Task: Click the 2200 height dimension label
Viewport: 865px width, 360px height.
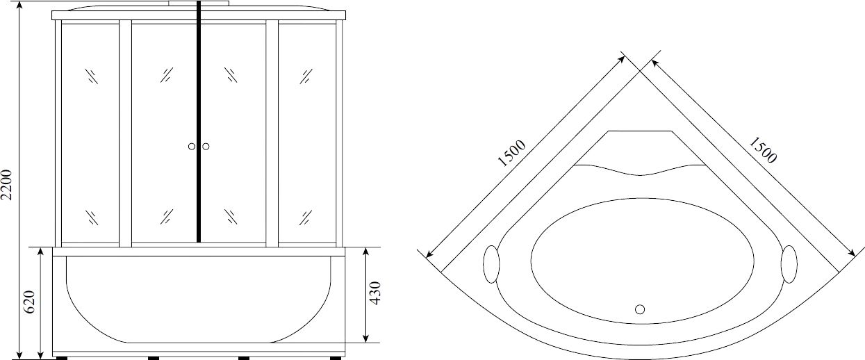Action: (x=8, y=185)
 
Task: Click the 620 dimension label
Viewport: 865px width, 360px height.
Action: (x=29, y=302)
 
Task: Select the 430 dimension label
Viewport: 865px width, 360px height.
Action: (x=374, y=293)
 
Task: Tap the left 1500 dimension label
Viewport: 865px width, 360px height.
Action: (x=512, y=153)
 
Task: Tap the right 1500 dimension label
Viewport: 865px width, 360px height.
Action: (x=762, y=150)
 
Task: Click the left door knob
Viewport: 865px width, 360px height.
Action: (x=192, y=147)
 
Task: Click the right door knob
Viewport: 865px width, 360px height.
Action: (x=206, y=147)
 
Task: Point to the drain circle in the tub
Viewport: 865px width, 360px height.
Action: (x=640, y=309)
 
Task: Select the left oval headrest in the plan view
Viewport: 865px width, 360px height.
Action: (x=491, y=264)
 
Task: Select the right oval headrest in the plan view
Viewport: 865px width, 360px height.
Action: (x=789, y=264)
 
